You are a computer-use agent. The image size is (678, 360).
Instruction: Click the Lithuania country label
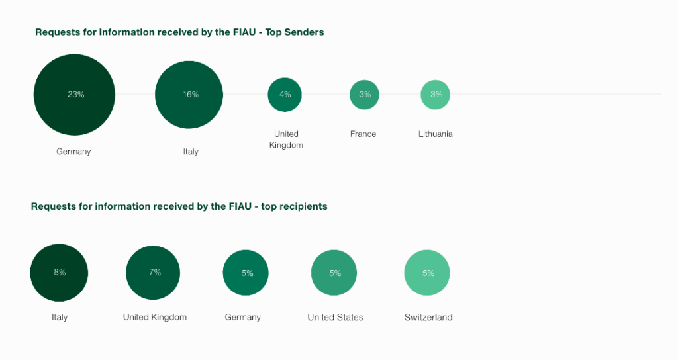[436, 134]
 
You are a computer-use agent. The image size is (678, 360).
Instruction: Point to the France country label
[363, 134]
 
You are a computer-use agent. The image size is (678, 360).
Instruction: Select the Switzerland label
[428, 317]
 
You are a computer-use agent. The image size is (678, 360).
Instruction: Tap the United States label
[335, 317]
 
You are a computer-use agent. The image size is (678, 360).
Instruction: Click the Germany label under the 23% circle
[73, 152]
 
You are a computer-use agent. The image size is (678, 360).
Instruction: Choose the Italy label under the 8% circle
[60, 317]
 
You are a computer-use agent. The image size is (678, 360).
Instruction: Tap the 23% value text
[76, 95]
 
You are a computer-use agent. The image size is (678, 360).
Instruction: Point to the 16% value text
[191, 95]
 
